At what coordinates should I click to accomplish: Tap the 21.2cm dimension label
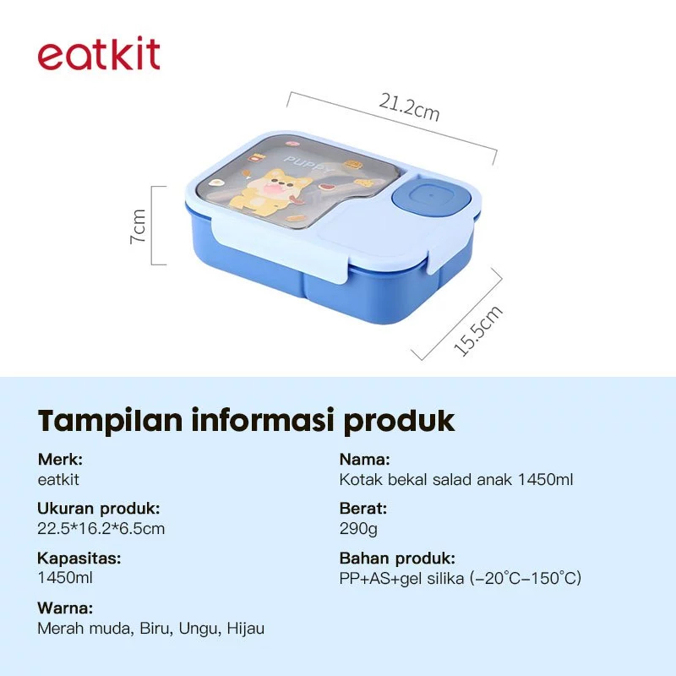409,108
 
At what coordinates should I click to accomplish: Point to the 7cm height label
139,226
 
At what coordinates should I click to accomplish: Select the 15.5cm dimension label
478,330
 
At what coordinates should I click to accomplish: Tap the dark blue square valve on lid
431,198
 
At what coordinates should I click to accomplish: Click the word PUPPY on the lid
308,165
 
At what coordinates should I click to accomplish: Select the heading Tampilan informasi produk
246,420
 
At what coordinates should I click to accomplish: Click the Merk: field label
60,459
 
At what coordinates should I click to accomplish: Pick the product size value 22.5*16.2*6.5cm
101,529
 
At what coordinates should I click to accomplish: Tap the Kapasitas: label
79,559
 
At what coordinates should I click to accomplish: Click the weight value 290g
358,529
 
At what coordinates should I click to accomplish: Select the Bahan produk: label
397,559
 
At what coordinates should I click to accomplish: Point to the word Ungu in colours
200,629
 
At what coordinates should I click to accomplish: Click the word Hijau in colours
245,629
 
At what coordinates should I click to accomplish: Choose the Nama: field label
365,459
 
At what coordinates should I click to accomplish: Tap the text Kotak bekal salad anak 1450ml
456,479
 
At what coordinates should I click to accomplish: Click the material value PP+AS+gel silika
401,579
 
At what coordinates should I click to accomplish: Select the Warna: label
65,608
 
